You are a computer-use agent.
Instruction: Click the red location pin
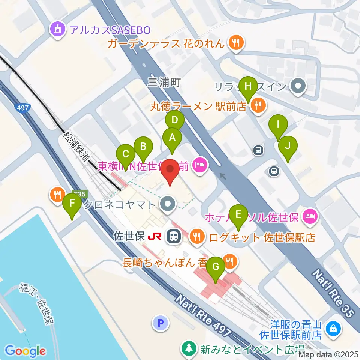pos(171,171)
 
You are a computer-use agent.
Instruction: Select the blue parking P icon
pos(160,322)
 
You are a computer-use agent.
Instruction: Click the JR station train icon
pos(173,236)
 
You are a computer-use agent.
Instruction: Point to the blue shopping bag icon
pos(333,328)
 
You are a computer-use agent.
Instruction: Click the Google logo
pos(25,351)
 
